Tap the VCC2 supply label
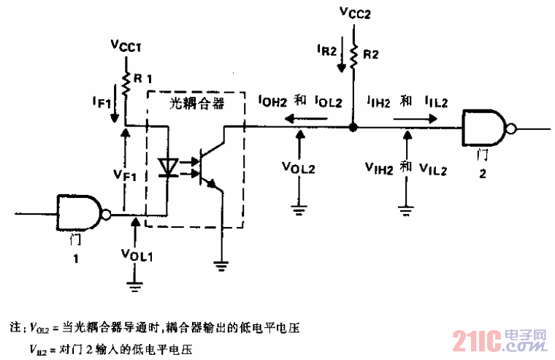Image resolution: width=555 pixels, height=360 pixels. [353, 12]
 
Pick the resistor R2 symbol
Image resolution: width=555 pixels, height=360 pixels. [353, 55]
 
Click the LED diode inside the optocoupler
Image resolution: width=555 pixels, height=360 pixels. [169, 166]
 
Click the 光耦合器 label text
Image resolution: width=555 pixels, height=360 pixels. [196, 104]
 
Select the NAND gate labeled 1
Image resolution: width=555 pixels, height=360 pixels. [81, 213]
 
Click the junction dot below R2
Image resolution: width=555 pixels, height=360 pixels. [353, 127]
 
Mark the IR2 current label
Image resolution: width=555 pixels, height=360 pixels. [327, 50]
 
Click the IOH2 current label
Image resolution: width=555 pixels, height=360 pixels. [273, 102]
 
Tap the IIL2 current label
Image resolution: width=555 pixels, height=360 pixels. [436, 102]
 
